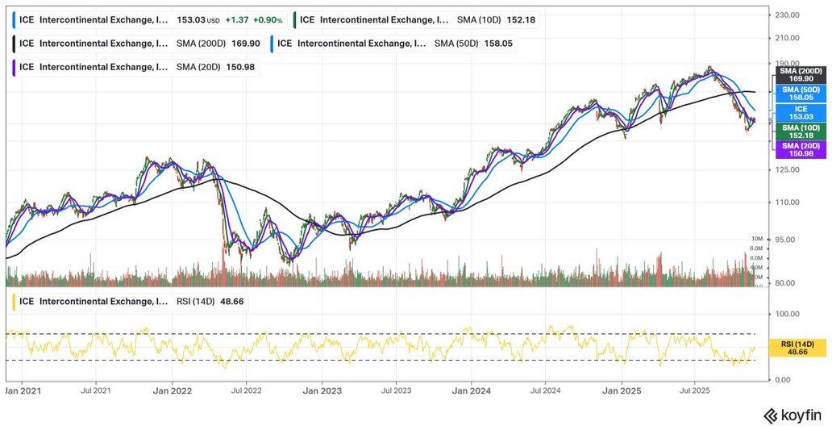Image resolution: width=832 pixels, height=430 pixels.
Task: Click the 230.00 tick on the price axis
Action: tap(786, 15)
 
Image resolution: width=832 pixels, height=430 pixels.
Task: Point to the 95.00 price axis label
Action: tap(786, 240)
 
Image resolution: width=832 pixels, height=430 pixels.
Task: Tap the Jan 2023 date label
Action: tap(321, 390)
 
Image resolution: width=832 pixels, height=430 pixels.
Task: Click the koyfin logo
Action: tap(792, 415)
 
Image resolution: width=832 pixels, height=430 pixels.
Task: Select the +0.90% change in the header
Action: tap(268, 21)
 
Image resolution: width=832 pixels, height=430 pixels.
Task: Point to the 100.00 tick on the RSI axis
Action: tap(787, 314)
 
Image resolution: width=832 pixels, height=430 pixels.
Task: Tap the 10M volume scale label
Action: tap(756, 240)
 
